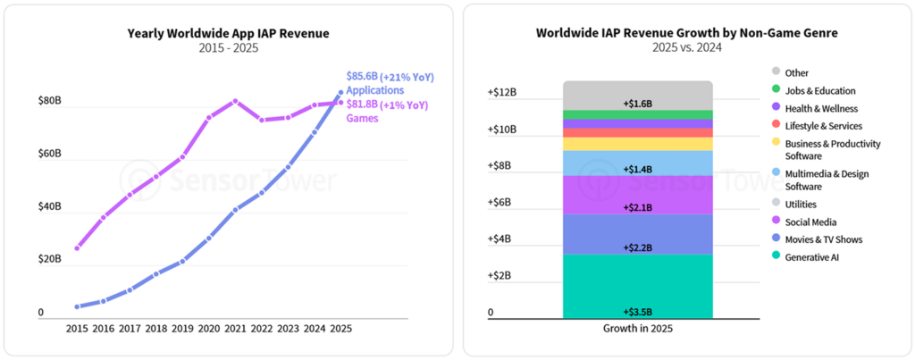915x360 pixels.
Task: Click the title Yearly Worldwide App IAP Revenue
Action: tap(228, 33)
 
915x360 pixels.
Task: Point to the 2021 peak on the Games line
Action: tap(235, 101)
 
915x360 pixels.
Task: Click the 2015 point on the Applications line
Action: tap(78, 306)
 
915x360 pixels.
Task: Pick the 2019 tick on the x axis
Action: tap(182, 328)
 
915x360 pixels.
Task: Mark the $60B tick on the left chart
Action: tap(49, 154)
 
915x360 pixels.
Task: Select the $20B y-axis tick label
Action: tap(49, 259)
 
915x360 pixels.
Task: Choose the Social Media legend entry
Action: tap(810, 222)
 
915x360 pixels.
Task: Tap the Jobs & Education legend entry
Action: tap(819, 90)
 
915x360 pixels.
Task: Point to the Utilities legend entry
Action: tap(802, 205)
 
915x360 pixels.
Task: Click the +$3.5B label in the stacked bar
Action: tap(637, 312)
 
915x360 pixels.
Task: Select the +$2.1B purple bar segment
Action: tap(637, 195)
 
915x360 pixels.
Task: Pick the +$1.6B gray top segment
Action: tap(637, 96)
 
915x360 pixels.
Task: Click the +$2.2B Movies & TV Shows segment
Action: tap(637, 234)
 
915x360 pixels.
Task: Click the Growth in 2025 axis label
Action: tap(637, 329)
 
